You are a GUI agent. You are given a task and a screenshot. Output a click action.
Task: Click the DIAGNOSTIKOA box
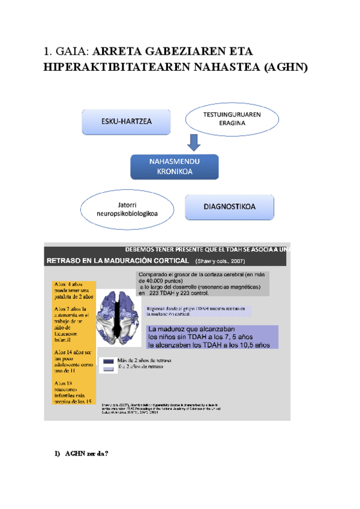point(229,207)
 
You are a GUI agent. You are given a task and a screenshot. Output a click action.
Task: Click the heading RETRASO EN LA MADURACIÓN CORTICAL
point(117,261)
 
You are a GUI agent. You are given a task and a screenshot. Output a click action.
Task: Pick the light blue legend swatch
point(109,369)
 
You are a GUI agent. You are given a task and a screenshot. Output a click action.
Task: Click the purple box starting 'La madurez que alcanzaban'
point(212,337)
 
